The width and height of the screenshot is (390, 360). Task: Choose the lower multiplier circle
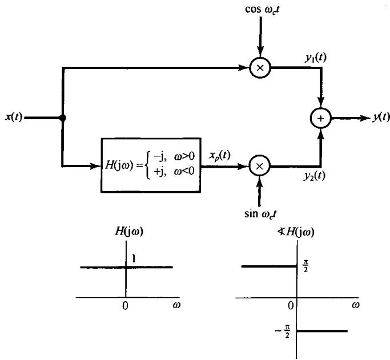click(260, 166)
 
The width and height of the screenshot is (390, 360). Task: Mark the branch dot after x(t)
click(62, 119)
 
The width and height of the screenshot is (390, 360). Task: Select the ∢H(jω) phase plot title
click(293, 232)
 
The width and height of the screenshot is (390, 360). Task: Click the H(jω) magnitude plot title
click(125, 232)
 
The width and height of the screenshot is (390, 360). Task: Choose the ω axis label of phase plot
click(355, 306)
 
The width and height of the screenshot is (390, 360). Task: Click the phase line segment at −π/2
click(323, 331)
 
